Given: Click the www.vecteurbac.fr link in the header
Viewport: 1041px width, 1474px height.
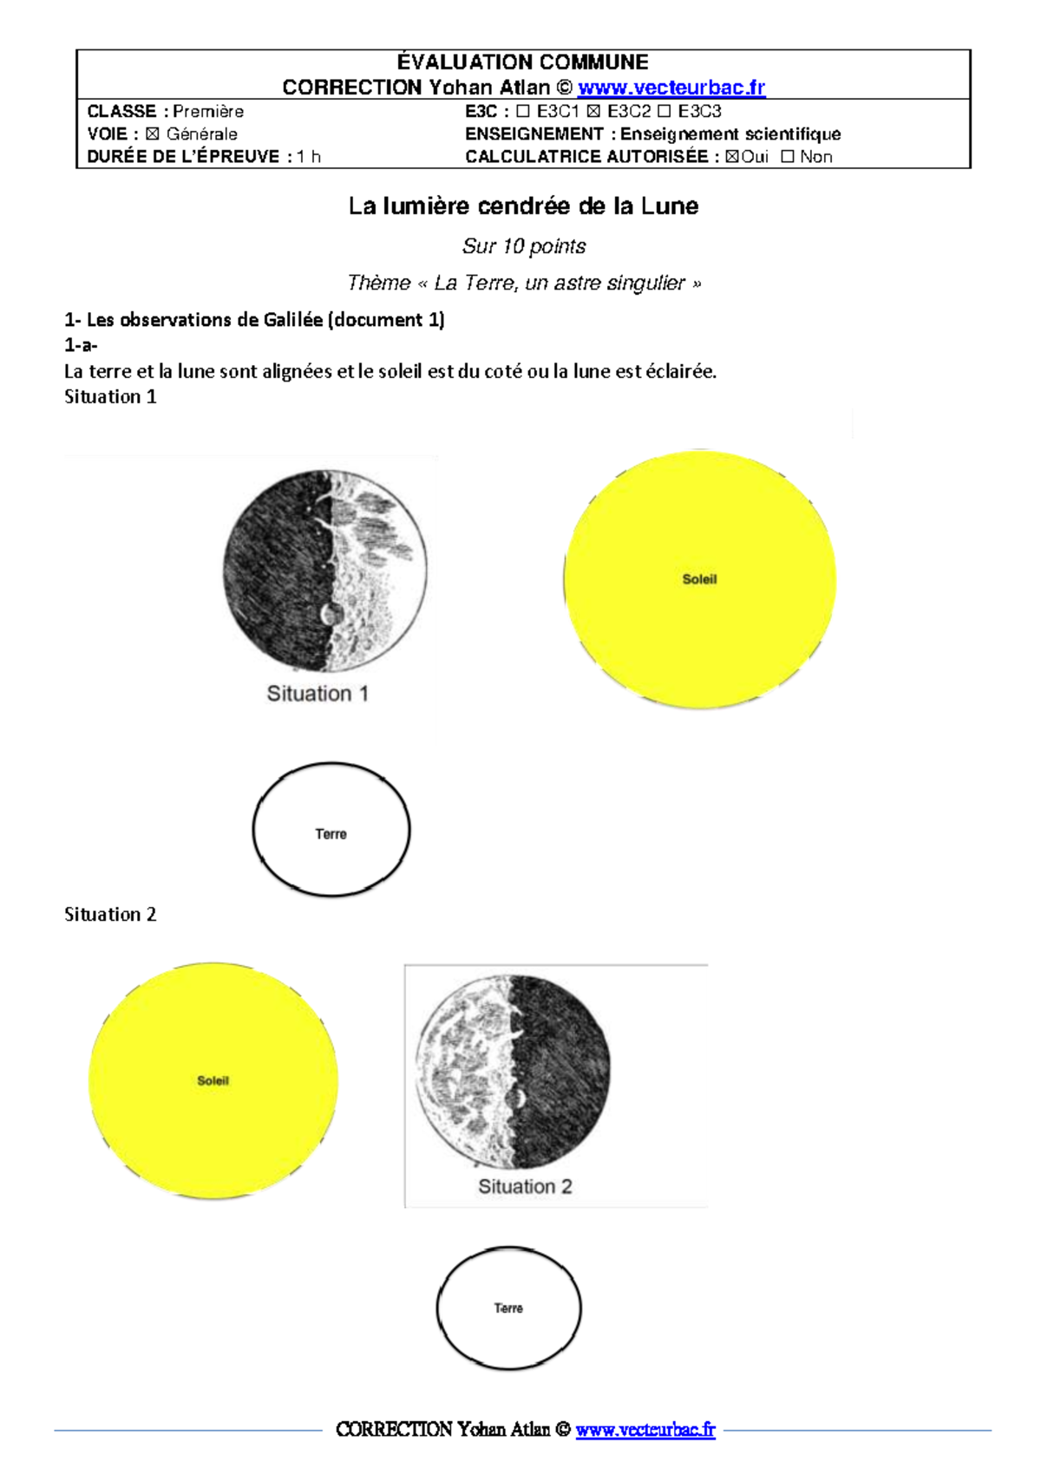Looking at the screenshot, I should pyautogui.click(x=671, y=88).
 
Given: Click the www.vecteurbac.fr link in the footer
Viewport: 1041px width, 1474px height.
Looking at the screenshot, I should pyautogui.click(x=645, y=1430).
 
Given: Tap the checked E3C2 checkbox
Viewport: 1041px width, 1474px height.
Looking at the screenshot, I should pyautogui.click(x=593, y=112).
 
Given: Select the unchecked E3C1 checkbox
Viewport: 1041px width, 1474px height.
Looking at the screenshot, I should pyautogui.click(x=522, y=112).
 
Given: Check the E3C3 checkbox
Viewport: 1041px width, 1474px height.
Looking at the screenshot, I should pyautogui.click(x=664, y=112).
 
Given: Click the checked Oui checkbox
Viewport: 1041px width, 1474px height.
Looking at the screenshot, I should pyautogui.click(x=732, y=157).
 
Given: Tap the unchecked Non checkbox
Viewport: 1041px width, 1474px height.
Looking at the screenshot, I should pyautogui.click(x=787, y=157).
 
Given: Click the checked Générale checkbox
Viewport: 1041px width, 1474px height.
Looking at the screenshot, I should pyautogui.click(x=153, y=134).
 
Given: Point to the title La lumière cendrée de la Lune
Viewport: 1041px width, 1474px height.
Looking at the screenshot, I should pyautogui.click(x=523, y=206).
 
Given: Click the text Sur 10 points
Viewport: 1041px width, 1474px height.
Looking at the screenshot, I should pyautogui.click(x=524, y=246).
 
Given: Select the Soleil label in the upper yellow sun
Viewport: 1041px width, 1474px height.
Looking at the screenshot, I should pyautogui.click(x=699, y=579).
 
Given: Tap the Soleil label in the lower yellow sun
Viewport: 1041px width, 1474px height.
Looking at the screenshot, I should pyautogui.click(x=213, y=1080).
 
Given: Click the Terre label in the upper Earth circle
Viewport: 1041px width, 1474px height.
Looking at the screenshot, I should pyautogui.click(x=331, y=834).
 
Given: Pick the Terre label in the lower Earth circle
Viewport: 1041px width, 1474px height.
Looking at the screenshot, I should pyautogui.click(x=508, y=1308).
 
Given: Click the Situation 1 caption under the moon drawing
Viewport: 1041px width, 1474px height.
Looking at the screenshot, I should pyautogui.click(x=318, y=694).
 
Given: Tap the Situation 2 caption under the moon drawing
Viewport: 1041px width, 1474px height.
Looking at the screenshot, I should pyautogui.click(x=525, y=1186).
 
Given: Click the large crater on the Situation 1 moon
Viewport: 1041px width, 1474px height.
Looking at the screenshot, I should pyautogui.click(x=331, y=614).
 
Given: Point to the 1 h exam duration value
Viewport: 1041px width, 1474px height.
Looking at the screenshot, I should pyautogui.click(x=309, y=157).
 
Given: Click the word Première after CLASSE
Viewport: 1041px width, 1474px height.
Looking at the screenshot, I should pyautogui.click(x=208, y=112).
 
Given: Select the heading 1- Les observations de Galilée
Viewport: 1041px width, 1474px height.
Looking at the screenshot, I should pyautogui.click(x=254, y=320).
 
